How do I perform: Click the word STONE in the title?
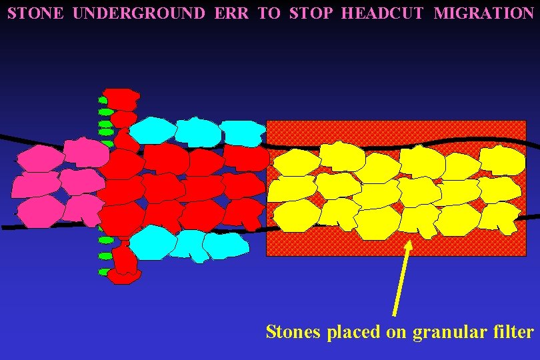(x=35, y=13)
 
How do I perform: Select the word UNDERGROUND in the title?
(x=139, y=13)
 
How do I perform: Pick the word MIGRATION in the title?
(x=483, y=13)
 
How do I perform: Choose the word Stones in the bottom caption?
(x=293, y=331)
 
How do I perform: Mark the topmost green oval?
(x=103, y=100)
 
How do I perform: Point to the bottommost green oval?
(x=103, y=272)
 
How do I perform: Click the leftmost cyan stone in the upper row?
(x=152, y=129)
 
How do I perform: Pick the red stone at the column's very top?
(x=121, y=98)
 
